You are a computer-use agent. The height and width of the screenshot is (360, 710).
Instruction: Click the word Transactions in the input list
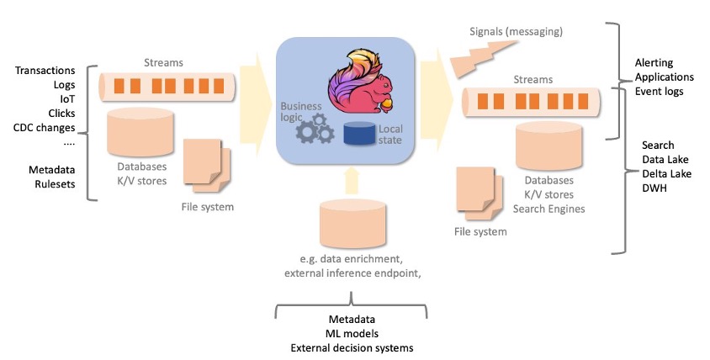pyautogui.click(x=45, y=70)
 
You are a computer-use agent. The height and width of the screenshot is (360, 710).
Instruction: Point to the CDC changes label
pyautogui.click(x=45, y=127)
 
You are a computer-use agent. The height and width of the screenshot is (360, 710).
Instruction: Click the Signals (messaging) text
pyautogui.click(x=516, y=32)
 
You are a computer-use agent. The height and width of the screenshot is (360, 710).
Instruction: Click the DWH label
pyautogui.click(x=654, y=188)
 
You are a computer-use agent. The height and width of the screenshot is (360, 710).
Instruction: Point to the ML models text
pyautogui.click(x=351, y=334)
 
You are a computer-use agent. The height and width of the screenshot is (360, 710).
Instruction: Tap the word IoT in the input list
pyautogui.click(x=66, y=98)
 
